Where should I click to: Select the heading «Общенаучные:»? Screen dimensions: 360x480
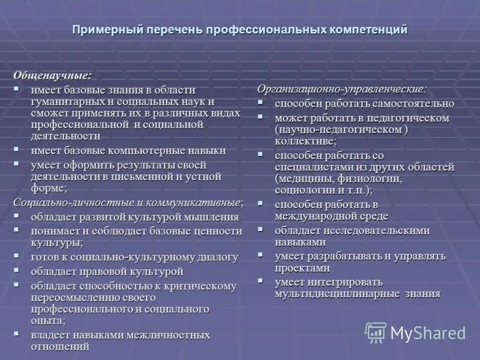coord(53,76)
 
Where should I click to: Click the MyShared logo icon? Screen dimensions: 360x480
coord(376,332)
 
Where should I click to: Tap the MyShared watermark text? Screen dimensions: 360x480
coord(428,333)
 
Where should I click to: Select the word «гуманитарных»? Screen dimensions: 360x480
coord(66,101)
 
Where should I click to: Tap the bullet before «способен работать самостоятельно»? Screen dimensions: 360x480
coord(261,103)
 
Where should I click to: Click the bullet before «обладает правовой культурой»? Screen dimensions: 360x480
coord(17,271)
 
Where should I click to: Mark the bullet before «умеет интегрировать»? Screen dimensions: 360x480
coord(261,281)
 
